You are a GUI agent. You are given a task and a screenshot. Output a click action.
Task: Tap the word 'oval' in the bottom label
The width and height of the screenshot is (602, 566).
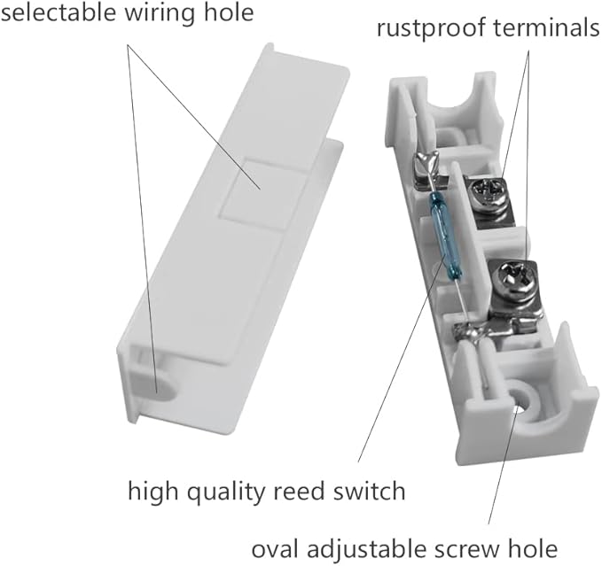click(x=275, y=549)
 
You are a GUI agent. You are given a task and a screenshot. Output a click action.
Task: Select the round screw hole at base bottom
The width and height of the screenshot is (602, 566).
click(x=521, y=400)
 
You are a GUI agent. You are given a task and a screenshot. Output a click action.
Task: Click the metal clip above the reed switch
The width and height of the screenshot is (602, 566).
click(x=426, y=167)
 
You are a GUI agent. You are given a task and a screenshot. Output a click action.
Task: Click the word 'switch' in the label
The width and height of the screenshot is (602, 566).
click(x=370, y=491)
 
